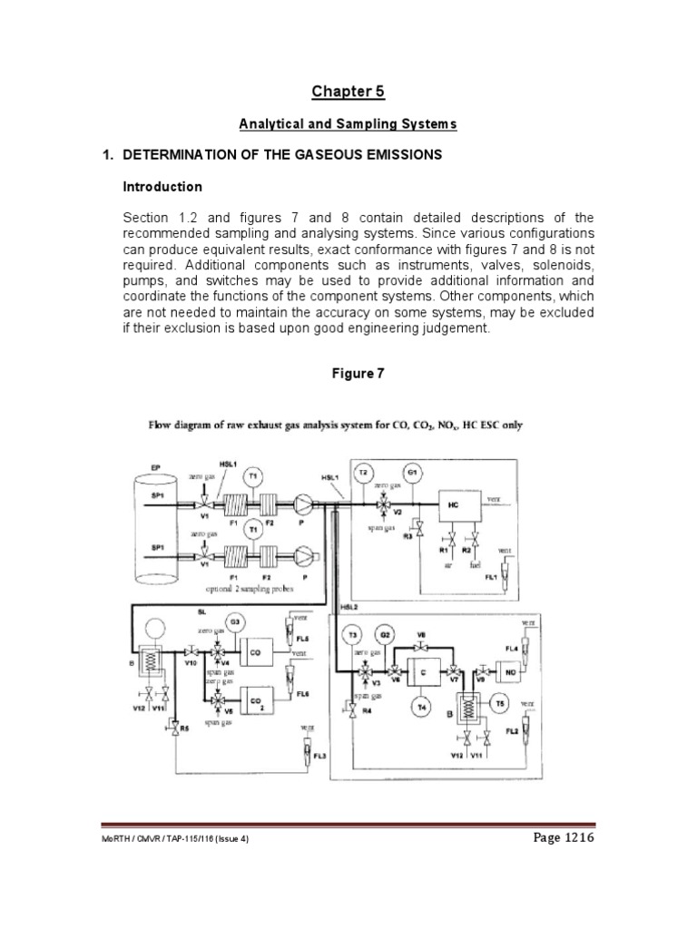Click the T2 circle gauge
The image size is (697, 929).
364,474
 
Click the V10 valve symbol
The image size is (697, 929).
191,651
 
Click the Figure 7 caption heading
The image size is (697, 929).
348,374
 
